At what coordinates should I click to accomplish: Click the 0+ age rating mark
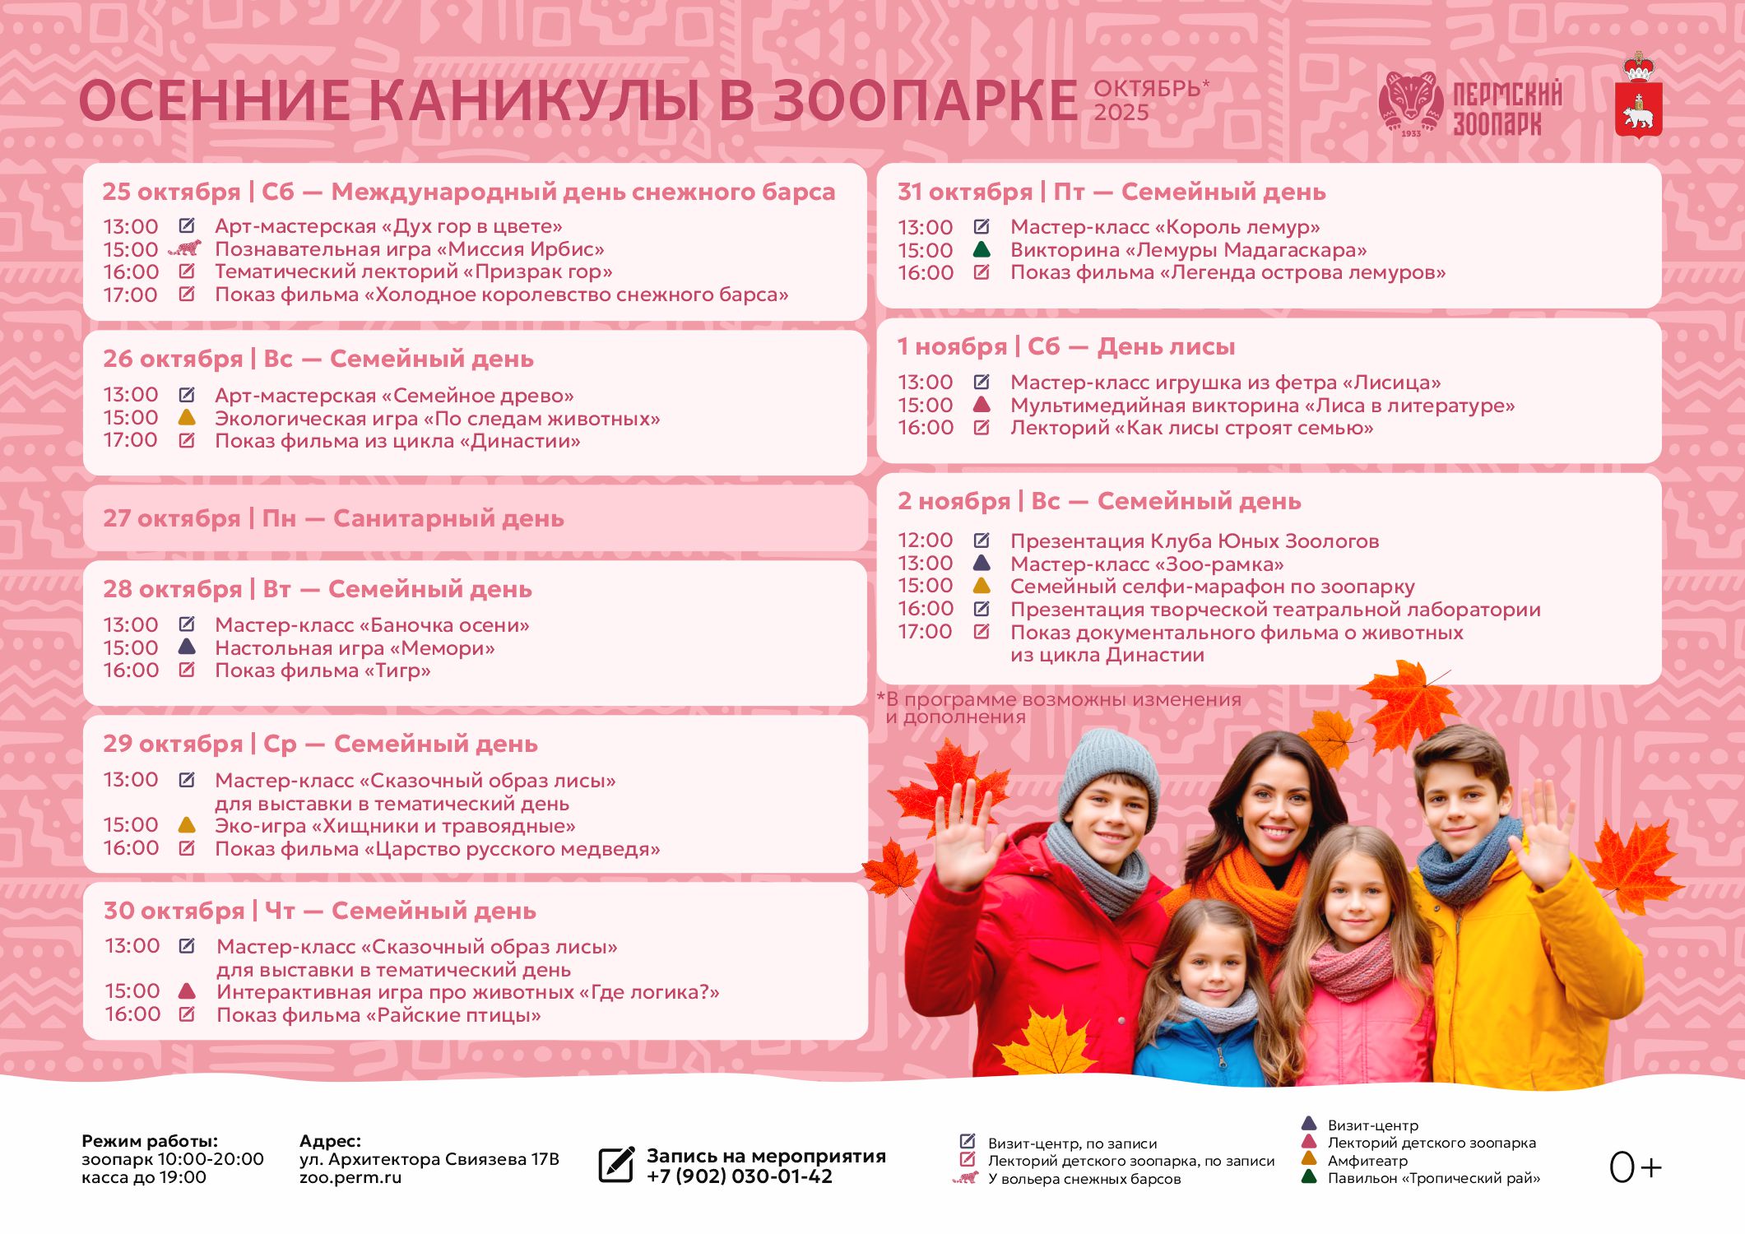1635,1167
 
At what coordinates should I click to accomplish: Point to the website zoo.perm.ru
350,1177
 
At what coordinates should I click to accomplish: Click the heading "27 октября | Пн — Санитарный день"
333,518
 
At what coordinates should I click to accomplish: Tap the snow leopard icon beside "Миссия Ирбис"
185,248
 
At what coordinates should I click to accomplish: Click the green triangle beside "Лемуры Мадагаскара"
982,249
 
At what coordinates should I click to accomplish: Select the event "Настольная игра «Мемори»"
355,648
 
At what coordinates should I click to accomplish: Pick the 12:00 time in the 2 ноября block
925,540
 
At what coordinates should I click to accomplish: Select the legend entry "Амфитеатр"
1367,1161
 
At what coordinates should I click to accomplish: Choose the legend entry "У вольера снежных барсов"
1084,1179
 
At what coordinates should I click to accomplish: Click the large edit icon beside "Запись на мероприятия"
616,1165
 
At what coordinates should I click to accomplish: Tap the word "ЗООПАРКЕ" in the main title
925,101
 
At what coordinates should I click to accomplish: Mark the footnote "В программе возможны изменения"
1061,700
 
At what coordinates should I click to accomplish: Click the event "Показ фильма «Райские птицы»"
378,1015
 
